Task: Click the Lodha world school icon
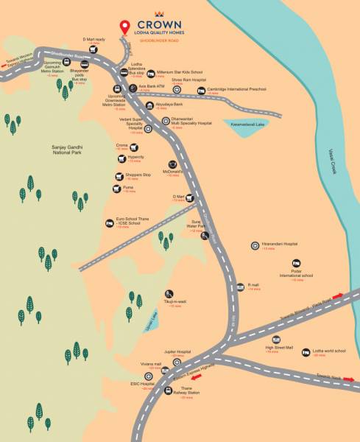(306, 352)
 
